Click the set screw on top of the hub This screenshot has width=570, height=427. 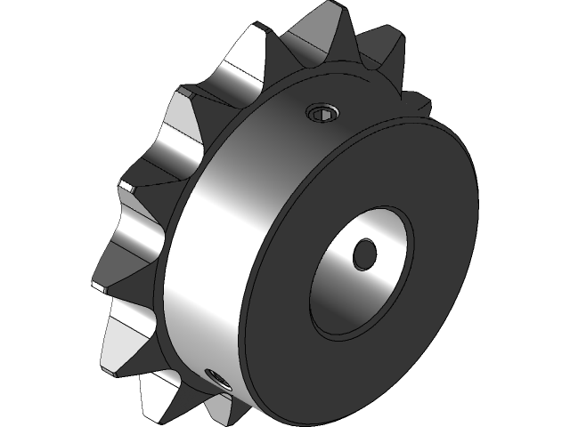tap(322, 112)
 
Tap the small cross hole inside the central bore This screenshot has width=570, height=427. tap(365, 254)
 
